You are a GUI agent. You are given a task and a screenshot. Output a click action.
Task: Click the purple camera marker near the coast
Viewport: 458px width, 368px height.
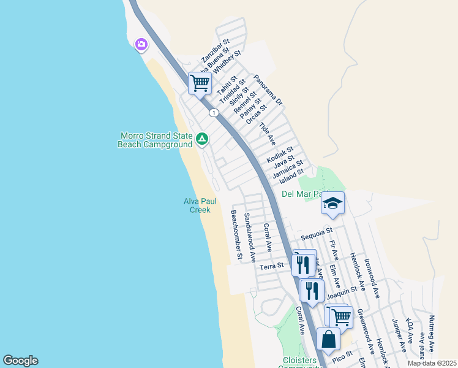[x=142, y=44]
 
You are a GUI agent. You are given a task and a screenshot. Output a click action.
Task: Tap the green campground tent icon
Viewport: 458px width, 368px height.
[x=201, y=140]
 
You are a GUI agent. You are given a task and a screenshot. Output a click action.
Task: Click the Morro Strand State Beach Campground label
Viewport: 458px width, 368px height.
[x=155, y=140]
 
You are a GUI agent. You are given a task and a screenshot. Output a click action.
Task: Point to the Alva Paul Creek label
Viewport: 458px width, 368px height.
[x=197, y=205]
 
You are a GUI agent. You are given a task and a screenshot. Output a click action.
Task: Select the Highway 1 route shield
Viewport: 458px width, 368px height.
[x=213, y=113]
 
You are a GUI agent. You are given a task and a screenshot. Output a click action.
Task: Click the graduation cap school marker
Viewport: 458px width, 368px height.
[x=332, y=203]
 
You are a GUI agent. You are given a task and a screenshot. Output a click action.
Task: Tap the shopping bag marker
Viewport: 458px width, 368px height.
[x=328, y=339]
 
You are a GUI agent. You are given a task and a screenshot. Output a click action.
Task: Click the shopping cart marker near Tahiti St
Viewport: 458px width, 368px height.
[x=200, y=83]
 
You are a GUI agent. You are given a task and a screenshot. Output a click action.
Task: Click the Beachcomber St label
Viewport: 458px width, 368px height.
[x=236, y=234]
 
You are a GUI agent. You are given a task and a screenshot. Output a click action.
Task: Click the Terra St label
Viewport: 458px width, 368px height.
[x=272, y=266]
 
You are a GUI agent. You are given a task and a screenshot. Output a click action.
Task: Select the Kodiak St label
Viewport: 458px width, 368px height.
[x=280, y=154]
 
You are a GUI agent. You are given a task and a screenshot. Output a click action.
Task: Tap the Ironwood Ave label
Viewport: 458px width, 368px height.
[x=372, y=277]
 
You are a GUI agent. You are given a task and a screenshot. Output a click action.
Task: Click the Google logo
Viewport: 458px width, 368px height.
[x=20, y=361]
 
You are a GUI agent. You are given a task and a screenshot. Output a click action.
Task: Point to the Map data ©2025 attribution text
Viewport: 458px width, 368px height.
[x=432, y=363]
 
